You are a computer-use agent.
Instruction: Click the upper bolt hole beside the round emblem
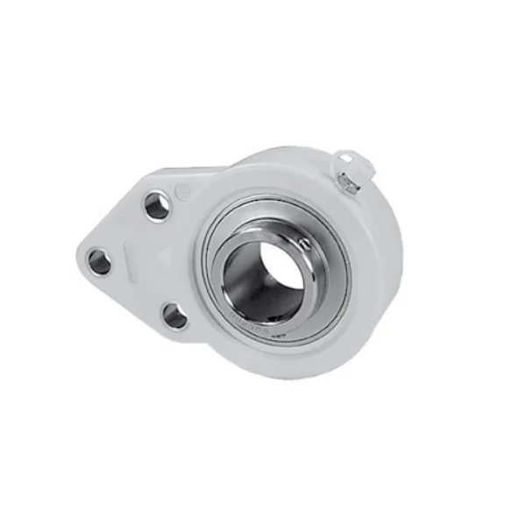click(x=158, y=207)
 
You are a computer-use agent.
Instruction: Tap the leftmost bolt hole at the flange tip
click(x=100, y=261)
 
